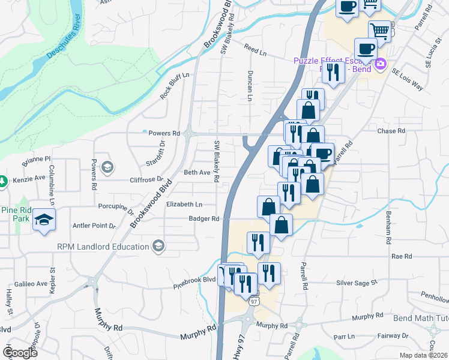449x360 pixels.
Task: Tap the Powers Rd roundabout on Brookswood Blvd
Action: point(188,133)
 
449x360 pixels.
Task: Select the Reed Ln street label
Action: point(255,49)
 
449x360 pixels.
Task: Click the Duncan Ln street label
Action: point(249,85)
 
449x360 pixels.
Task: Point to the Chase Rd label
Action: point(391,131)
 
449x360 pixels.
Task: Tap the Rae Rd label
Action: point(401,256)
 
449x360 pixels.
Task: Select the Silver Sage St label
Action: point(356,282)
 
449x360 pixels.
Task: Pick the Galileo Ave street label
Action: point(31,284)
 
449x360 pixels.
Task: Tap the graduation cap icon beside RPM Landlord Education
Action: point(158,245)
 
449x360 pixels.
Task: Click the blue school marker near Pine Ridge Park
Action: point(44,220)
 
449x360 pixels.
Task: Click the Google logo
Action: point(20,353)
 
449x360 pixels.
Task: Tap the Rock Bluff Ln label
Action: point(174,86)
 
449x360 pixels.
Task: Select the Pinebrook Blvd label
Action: point(194,280)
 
